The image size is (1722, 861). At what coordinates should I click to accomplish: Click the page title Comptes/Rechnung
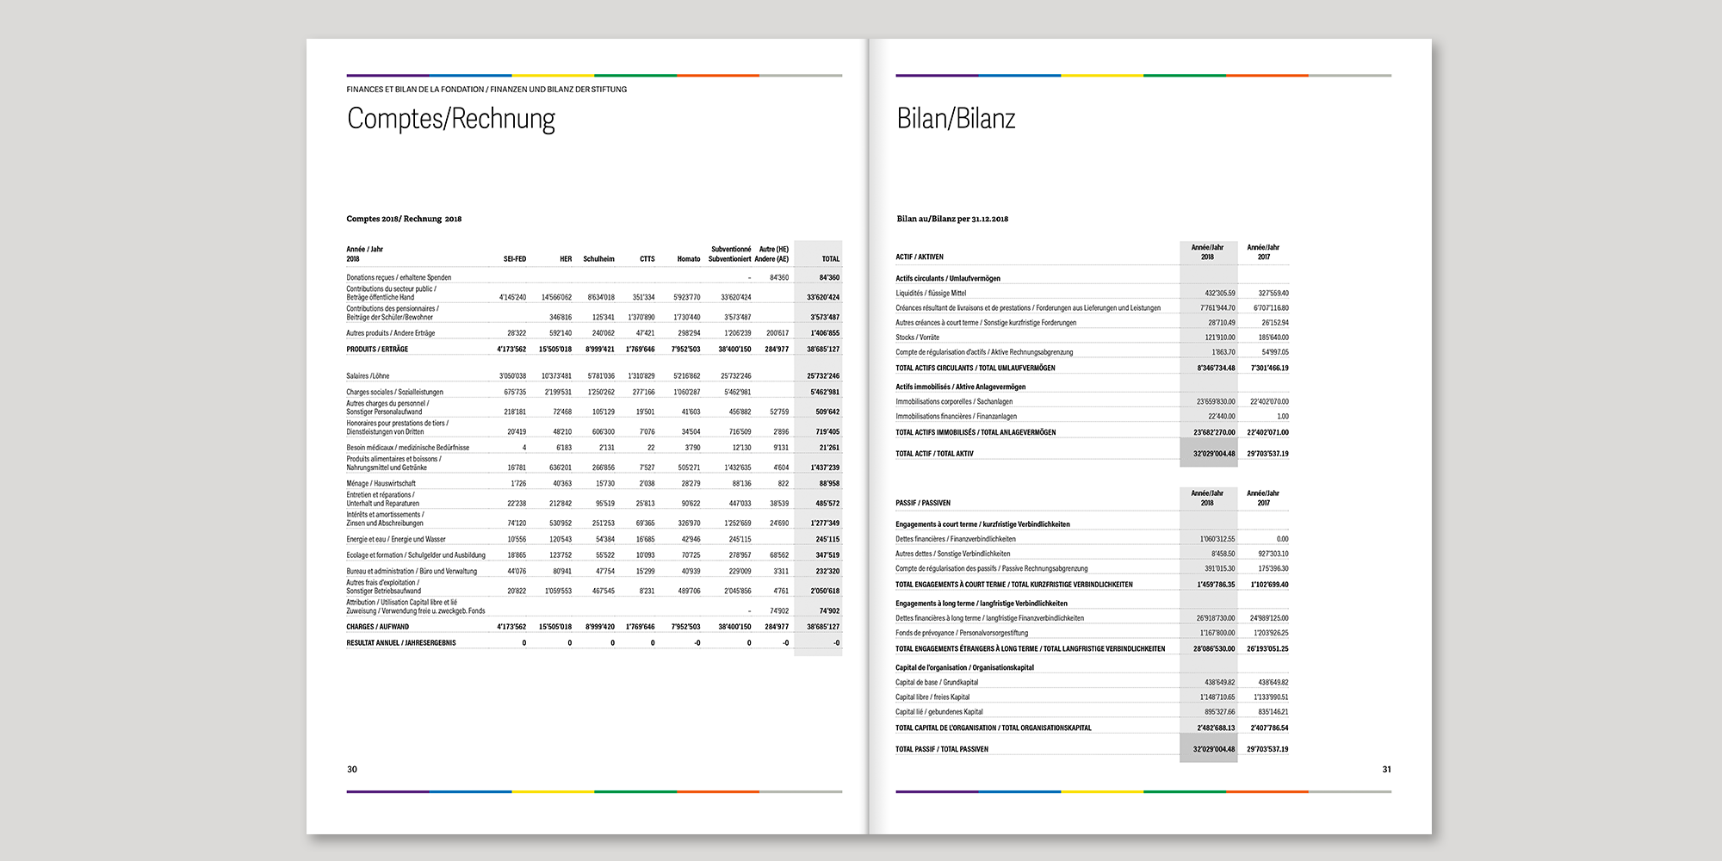(x=450, y=119)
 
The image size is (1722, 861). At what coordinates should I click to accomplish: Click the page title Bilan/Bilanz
(x=956, y=119)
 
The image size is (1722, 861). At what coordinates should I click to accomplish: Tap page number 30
(x=352, y=770)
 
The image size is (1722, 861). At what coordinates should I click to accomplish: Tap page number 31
(x=1386, y=770)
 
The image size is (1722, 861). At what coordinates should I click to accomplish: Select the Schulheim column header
(x=598, y=259)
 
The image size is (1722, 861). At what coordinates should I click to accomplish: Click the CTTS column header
(x=647, y=259)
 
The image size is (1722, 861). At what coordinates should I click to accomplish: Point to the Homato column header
(x=688, y=259)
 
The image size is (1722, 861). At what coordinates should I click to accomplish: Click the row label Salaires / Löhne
(x=368, y=376)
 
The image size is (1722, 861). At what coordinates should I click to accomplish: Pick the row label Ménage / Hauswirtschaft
(x=381, y=484)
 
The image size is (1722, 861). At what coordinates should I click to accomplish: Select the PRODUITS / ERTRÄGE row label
(x=377, y=350)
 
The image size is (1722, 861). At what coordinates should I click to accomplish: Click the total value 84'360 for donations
(x=829, y=278)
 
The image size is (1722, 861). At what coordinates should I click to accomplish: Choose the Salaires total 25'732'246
(x=823, y=376)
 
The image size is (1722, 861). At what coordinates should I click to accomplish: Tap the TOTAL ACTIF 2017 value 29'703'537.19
(x=1267, y=454)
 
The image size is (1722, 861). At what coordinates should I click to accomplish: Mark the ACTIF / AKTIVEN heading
(x=920, y=257)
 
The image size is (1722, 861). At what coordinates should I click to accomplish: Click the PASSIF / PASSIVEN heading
(x=923, y=503)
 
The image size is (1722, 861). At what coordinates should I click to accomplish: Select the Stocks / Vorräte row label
(x=917, y=338)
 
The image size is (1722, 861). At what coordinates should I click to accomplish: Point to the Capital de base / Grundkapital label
(x=937, y=683)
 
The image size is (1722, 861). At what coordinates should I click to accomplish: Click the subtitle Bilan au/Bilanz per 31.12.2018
(x=952, y=220)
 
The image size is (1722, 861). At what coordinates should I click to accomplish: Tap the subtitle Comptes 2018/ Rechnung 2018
(x=404, y=220)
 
